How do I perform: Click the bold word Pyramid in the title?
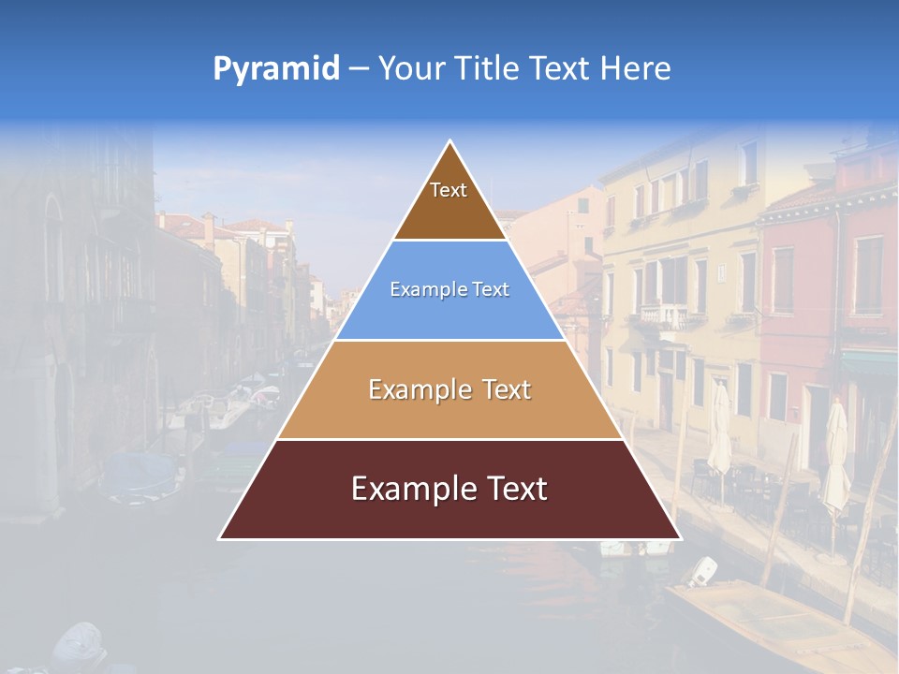275,69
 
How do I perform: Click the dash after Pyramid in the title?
358,69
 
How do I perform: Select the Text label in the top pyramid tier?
449,190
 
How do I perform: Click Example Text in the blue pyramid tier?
449,289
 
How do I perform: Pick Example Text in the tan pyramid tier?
449,389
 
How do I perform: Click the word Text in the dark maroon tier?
515,489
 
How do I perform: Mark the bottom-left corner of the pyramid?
220,538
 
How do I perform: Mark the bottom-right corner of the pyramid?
680,538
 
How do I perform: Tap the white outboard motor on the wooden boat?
703,569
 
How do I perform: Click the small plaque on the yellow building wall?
721,271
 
